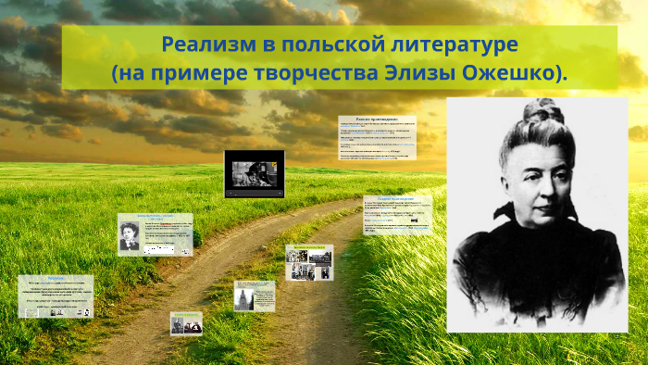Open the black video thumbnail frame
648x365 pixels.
click(x=255, y=173)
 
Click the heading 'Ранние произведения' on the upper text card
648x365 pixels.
click(x=377, y=120)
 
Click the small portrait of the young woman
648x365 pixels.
click(x=129, y=237)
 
